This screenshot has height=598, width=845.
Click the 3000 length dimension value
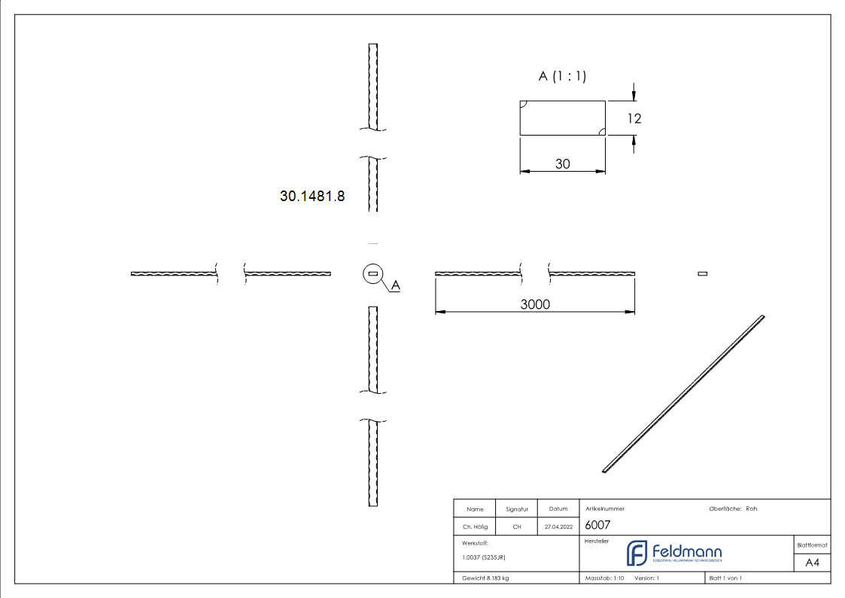tap(535, 304)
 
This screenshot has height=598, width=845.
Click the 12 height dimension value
tap(634, 118)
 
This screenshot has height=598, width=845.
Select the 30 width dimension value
tap(562, 163)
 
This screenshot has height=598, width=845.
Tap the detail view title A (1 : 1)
tap(562, 76)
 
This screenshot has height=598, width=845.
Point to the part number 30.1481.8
tap(312, 197)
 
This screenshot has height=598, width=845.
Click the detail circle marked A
tap(372, 274)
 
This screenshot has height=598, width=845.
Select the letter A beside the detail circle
tap(396, 285)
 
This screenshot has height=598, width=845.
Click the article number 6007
tap(597, 526)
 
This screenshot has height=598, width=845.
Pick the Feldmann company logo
tap(674, 554)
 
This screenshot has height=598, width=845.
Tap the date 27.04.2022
tap(558, 527)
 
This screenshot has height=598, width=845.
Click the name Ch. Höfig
tap(474, 527)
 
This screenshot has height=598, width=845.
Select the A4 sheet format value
tap(813, 563)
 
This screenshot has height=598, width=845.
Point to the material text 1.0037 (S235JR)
tap(484, 557)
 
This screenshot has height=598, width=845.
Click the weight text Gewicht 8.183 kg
tap(486, 578)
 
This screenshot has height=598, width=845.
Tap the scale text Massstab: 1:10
tap(605, 578)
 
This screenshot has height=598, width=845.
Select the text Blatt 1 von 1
tap(725, 578)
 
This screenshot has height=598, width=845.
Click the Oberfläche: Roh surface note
tap(733, 509)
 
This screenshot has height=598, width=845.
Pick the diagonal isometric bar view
tap(683, 394)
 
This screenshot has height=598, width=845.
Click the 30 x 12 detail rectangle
tap(562, 118)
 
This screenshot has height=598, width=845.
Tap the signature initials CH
tap(517, 527)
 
